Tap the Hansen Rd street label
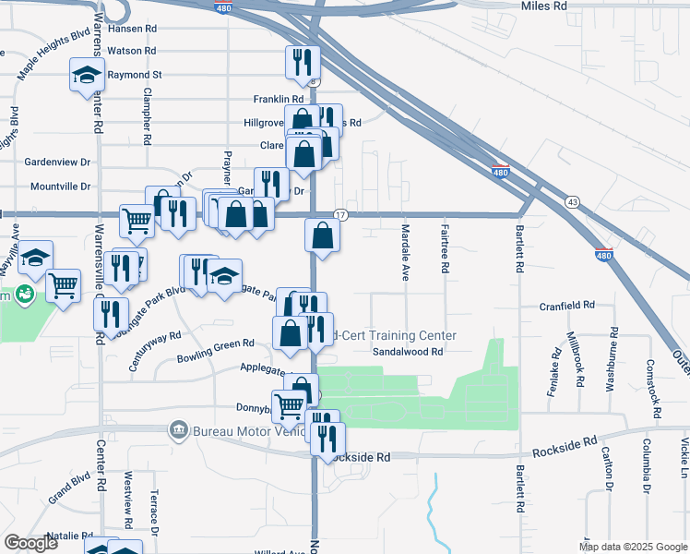[132, 29]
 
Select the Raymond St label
[135, 75]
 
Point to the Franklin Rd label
[278, 99]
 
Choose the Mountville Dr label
[61, 187]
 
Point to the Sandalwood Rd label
[409, 352]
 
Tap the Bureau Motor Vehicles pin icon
[177, 430]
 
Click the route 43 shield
[573, 201]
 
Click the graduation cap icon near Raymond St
[86, 74]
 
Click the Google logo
[31, 543]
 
